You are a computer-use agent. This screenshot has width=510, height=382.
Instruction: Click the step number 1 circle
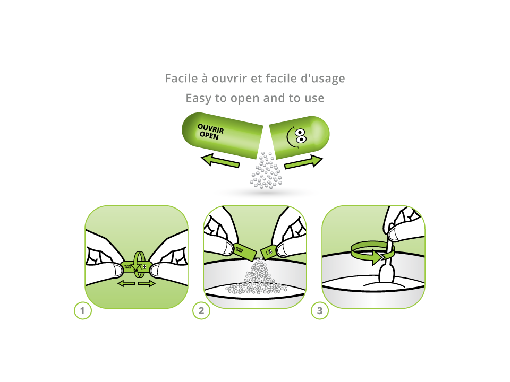(x=82, y=311)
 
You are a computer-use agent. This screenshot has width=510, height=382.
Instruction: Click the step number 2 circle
(x=201, y=311)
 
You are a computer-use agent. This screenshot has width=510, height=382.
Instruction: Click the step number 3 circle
(x=319, y=311)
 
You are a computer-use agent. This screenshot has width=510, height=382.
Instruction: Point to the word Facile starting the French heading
(x=181, y=79)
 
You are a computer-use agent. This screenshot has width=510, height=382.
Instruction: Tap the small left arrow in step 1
(x=126, y=284)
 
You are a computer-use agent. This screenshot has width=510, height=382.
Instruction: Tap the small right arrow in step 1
(x=146, y=284)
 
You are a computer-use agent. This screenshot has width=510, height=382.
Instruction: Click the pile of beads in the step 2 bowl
(x=257, y=279)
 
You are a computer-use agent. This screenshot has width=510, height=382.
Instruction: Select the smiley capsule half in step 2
(x=269, y=251)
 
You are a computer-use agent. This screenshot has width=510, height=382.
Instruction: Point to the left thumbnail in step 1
(x=113, y=270)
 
